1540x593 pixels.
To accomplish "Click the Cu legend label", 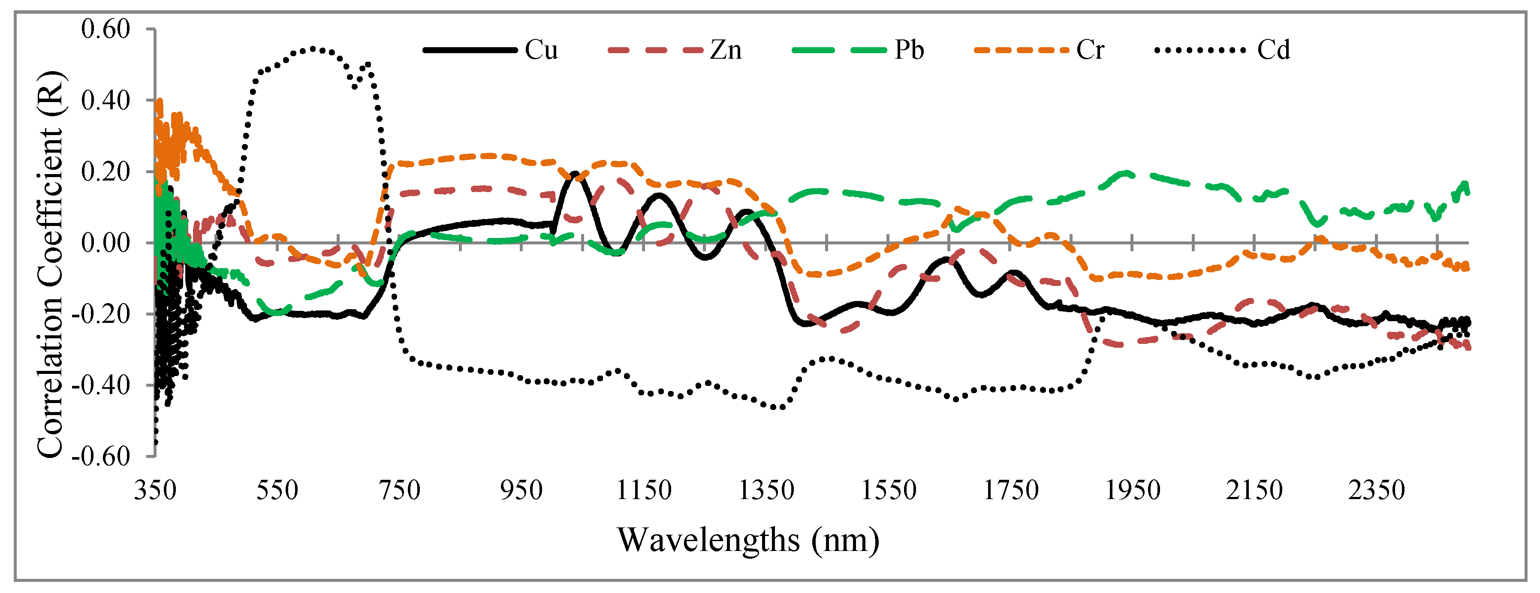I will point(541,50).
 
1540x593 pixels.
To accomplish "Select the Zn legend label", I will point(726,50).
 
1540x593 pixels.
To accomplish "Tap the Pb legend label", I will point(909,50).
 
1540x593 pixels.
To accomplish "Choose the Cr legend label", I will point(1090,50).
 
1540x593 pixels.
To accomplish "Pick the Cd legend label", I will point(1273,50).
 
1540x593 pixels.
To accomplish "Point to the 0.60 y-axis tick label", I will point(105,29).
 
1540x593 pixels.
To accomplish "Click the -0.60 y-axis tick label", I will point(100,456).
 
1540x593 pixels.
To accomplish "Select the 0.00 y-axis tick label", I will point(105,243).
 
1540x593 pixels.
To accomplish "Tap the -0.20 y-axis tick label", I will point(100,314).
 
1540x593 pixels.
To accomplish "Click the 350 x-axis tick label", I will point(155,490).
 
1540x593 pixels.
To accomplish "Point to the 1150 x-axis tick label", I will point(644,490).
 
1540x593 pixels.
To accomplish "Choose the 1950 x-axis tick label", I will point(1132,490).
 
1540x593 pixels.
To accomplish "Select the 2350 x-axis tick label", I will point(1376,490).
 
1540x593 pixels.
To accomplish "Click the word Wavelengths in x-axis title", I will point(708,540).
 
